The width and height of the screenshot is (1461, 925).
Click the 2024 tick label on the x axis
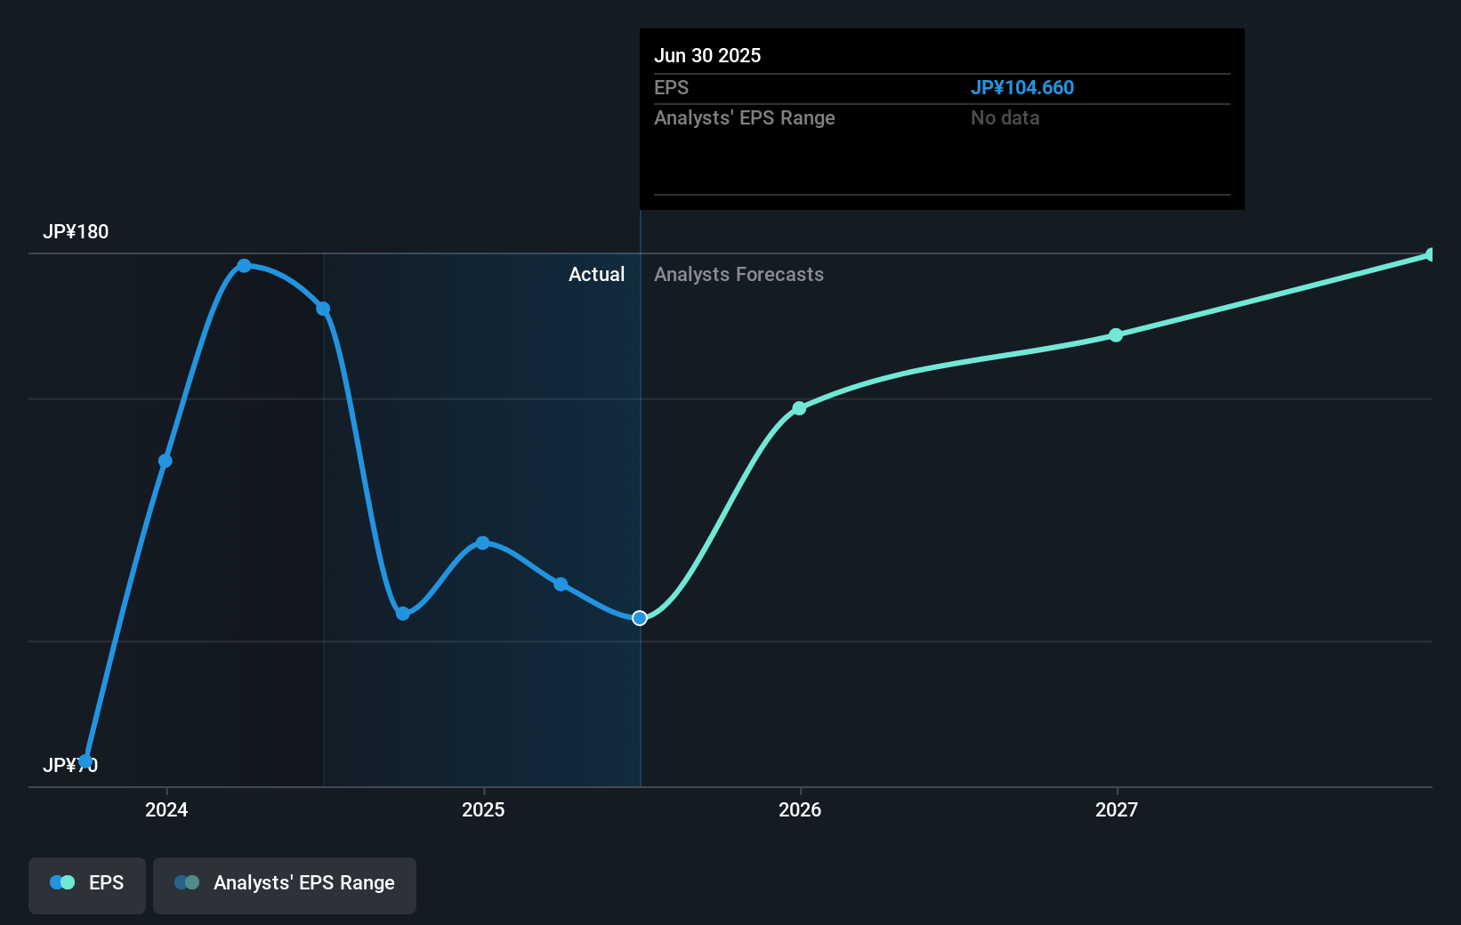pyautogui.click(x=166, y=809)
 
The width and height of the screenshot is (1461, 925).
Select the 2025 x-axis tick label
pyautogui.click(x=483, y=809)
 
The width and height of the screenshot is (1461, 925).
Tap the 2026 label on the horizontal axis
pyautogui.click(x=800, y=809)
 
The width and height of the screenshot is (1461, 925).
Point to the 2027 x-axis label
pyautogui.click(x=1117, y=809)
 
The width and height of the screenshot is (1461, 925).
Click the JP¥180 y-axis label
pyautogui.click(x=76, y=232)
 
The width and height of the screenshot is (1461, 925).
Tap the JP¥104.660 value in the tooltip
pyautogui.click(x=1021, y=88)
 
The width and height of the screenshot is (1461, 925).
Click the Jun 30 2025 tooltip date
pyautogui.click(x=707, y=55)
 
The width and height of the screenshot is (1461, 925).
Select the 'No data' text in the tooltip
pyautogui.click(x=1005, y=118)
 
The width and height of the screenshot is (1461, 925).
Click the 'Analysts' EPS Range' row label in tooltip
pyautogui.click(x=744, y=118)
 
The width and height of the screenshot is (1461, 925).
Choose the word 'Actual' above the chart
pyautogui.click(x=596, y=275)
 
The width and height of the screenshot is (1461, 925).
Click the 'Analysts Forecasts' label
pyautogui.click(x=739, y=275)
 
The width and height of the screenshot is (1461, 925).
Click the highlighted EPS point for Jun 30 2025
pyautogui.click(x=640, y=618)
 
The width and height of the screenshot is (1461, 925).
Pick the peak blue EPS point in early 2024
pyautogui.click(x=244, y=266)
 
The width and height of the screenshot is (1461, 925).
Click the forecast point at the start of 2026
pyautogui.click(x=799, y=408)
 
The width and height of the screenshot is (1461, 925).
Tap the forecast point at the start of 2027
pyautogui.click(x=1116, y=335)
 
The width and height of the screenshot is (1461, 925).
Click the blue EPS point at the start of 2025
pyautogui.click(x=482, y=543)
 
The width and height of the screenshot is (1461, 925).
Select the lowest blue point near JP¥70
pyautogui.click(x=85, y=761)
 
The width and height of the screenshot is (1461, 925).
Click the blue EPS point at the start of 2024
pyautogui.click(x=165, y=461)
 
